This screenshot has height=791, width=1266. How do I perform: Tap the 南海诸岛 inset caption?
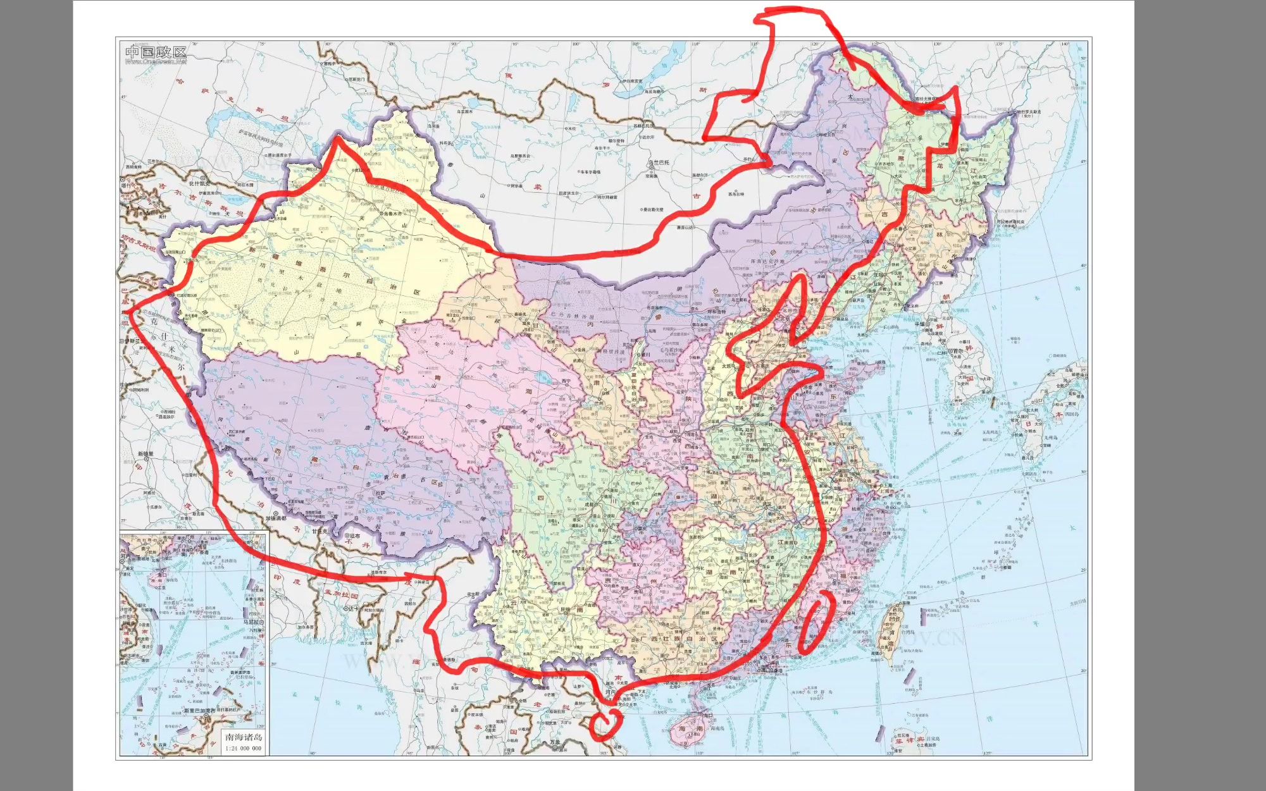(244, 737)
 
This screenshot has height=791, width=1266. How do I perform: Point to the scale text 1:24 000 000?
(244, 748)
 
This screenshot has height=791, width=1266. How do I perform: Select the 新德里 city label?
(146, 453)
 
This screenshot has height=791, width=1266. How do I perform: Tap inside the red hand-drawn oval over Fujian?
(815, 623)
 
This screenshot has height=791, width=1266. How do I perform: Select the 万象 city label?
(555, 742)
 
